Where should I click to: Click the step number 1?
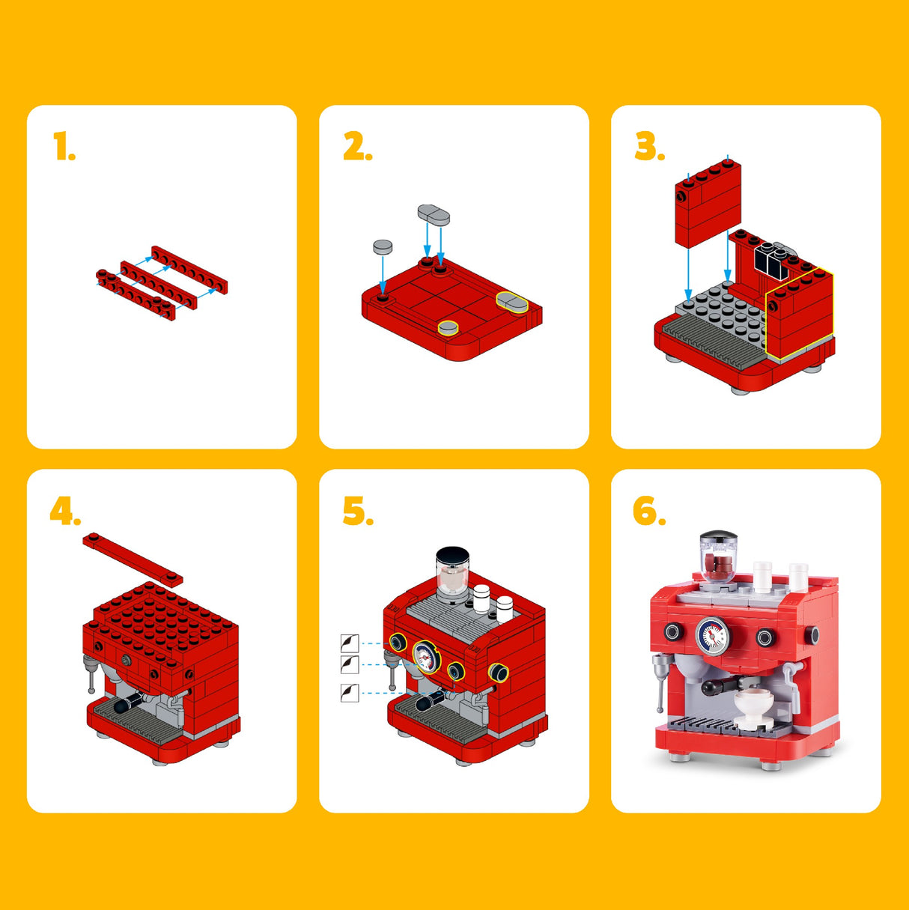[64, 146]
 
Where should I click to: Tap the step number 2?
[357, 146]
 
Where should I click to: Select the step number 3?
[649, 146]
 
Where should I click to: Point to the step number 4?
[65, 511]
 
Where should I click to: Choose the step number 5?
[358, 511]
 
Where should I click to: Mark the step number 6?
[649, 511]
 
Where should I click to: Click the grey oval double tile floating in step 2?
[434, 214]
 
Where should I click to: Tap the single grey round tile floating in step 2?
[383, 246]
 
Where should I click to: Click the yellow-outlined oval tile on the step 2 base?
[512, 302]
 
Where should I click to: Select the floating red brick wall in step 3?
[708, 204]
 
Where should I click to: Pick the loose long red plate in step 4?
[133, 559]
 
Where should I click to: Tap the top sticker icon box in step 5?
[350, 643]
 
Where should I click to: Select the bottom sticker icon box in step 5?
[350, 693]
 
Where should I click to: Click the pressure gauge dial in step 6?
[713, 636]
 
